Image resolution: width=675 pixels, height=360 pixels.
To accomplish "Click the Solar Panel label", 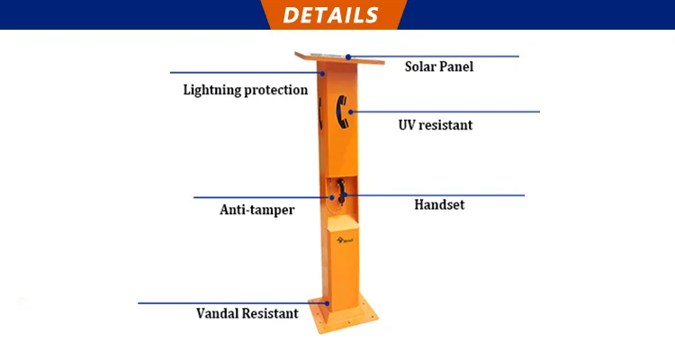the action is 438,67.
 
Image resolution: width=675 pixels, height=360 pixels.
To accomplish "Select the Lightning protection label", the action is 246,90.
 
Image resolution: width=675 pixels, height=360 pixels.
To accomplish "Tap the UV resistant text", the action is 435,125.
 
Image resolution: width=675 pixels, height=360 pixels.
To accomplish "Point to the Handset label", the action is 439,204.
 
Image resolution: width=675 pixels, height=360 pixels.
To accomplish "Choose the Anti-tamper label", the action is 257,210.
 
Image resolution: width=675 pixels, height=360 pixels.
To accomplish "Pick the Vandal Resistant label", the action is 247,314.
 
